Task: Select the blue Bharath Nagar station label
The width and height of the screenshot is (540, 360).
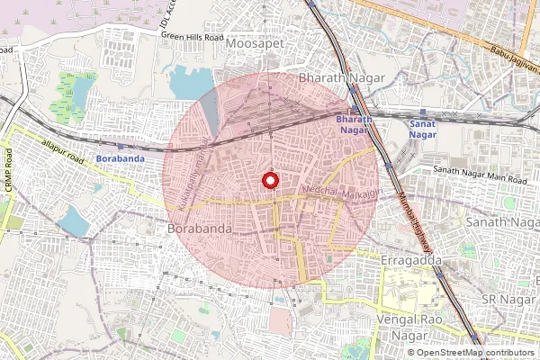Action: click(353, 125)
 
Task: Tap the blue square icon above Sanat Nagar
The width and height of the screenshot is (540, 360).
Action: click(423, 114)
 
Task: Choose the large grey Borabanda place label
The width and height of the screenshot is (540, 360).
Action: click(200, 229)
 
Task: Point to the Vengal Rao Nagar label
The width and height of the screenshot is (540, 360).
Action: click(410, 328)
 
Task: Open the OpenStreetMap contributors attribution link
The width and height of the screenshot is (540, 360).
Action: click(475, 353)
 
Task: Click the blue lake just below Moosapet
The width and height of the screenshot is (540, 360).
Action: click(188, 84)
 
